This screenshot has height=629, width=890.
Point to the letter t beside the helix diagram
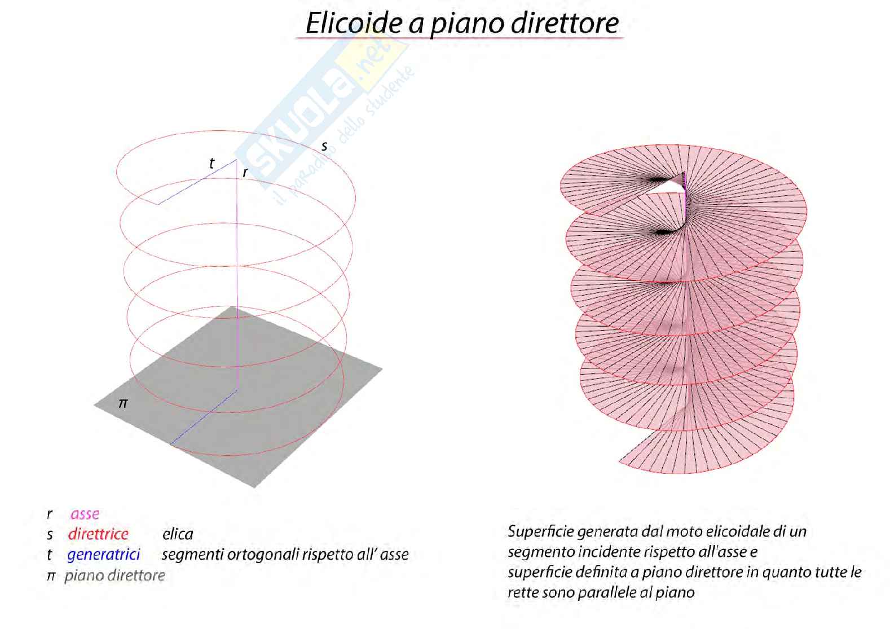pos(212,164)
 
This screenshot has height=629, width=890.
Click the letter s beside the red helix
pos(324,146)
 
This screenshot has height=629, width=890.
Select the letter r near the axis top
pos(245,173)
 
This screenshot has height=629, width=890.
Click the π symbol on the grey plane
pos(123,403)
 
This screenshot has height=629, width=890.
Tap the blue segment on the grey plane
pos(203,417)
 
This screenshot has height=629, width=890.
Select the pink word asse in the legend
pos(85,514)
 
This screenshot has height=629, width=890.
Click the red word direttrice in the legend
pos(98,534)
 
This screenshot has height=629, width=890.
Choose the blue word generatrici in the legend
pos(103,555)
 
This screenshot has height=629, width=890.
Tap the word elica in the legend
pos(177,534)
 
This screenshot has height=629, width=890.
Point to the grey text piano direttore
pos(114,575)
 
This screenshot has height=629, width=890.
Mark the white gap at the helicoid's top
pos(666,189)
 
